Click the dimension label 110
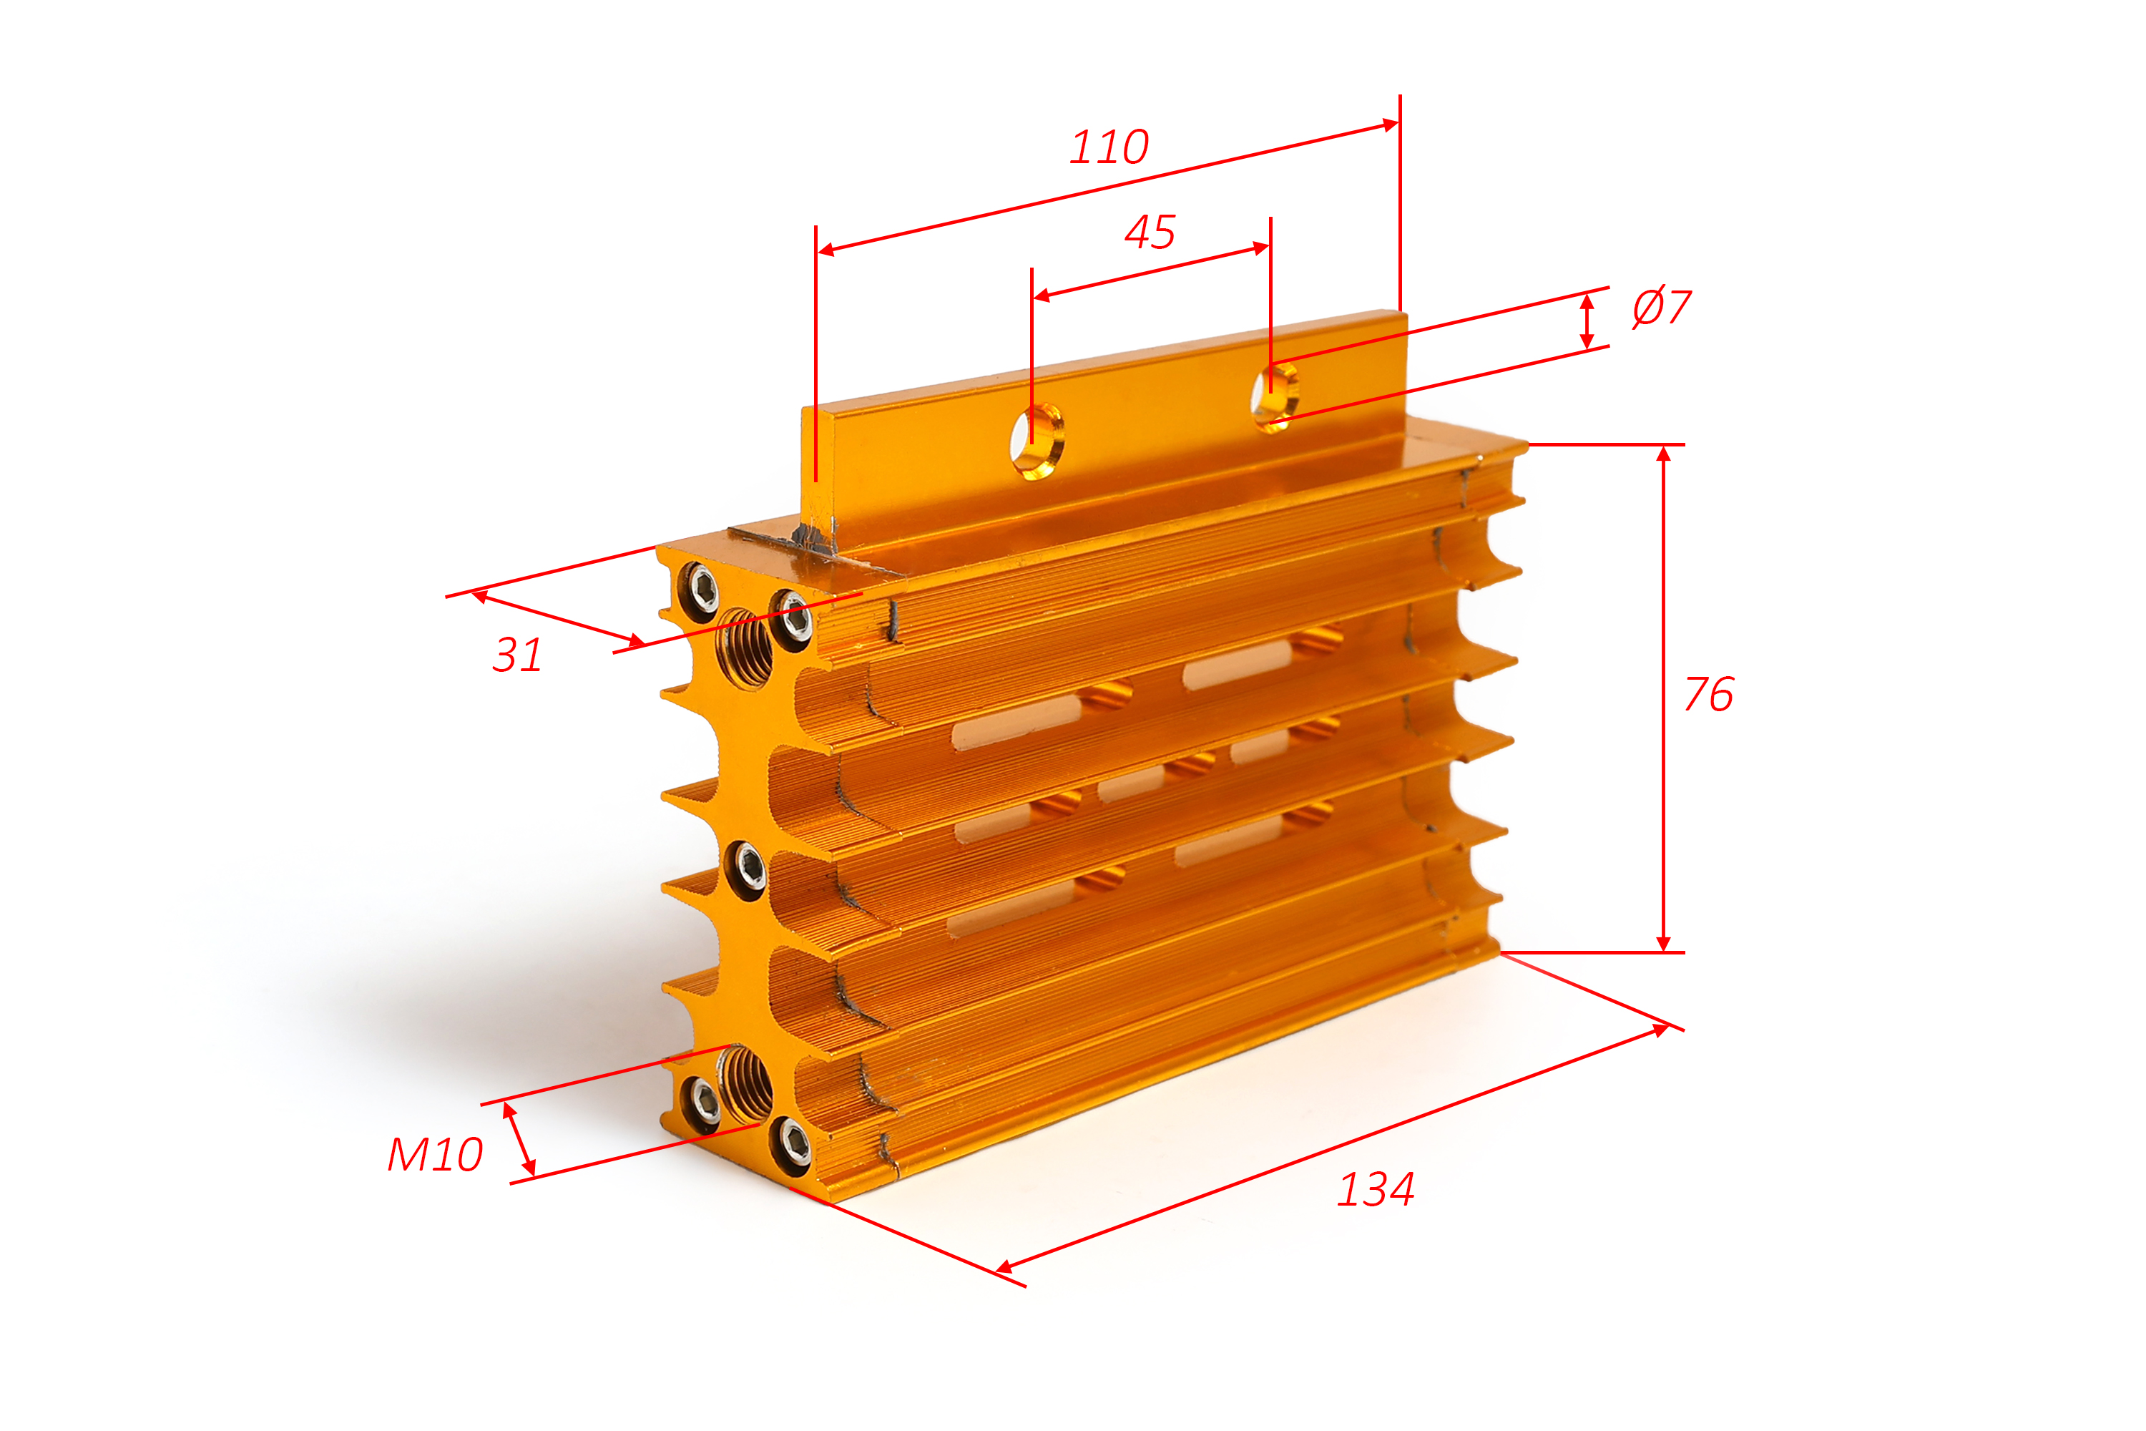click(x=1109, y=147)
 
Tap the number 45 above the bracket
click(x=1150, y=232)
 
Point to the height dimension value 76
click(x=1709, y=695)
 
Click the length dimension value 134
click(x=1376, y=1190)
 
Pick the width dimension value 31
click(x=517, y=655)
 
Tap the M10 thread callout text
click(x=435, y=1155)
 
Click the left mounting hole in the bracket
click(x=1037, y=441)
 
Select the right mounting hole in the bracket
click(x=1275, y=398)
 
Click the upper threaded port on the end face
click(x=745, y=649)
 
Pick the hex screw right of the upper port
click(x=792, y=618)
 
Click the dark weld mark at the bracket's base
click(x=815, y=539)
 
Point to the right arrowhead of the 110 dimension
click(x=1390, y=124)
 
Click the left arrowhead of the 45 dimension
click(x=1041, y=296)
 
